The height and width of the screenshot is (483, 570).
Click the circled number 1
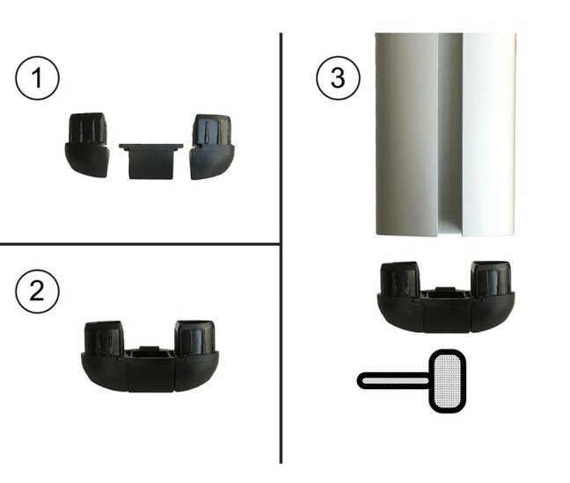(x=37, y=78)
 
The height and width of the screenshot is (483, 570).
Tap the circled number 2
(x=37, y=291)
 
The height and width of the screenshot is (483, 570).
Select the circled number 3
(x=338, y=78)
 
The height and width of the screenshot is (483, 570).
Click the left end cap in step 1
(x=87, y=145)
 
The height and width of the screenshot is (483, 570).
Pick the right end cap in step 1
(x=213, y=147)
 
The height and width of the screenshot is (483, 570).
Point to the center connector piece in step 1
(x=151, y=161)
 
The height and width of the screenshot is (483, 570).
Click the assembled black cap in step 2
(x=150, y=357)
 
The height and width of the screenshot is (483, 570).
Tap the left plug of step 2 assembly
(x=104, y=337)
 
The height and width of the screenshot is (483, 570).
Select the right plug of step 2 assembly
(x=194, y=337)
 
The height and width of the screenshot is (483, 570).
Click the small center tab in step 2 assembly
(x=149, y=349)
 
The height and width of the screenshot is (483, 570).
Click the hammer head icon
(x=448, y=381)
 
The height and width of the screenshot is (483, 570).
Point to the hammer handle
(x=394, y=381)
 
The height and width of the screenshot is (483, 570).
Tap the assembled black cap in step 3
(x=446, y=297)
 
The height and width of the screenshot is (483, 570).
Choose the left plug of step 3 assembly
(x=400, y=278)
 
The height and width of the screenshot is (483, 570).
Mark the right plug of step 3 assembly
(x=491, y=278)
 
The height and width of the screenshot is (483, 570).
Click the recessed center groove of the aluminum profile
(x=450, y=134)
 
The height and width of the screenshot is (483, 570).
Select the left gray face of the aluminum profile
(x=406, y=134)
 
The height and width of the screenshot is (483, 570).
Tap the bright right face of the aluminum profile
(x=489, y=134)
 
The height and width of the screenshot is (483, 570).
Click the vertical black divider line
(x=281, y=248)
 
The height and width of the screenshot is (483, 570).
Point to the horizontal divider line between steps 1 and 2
(x=140, y=244)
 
